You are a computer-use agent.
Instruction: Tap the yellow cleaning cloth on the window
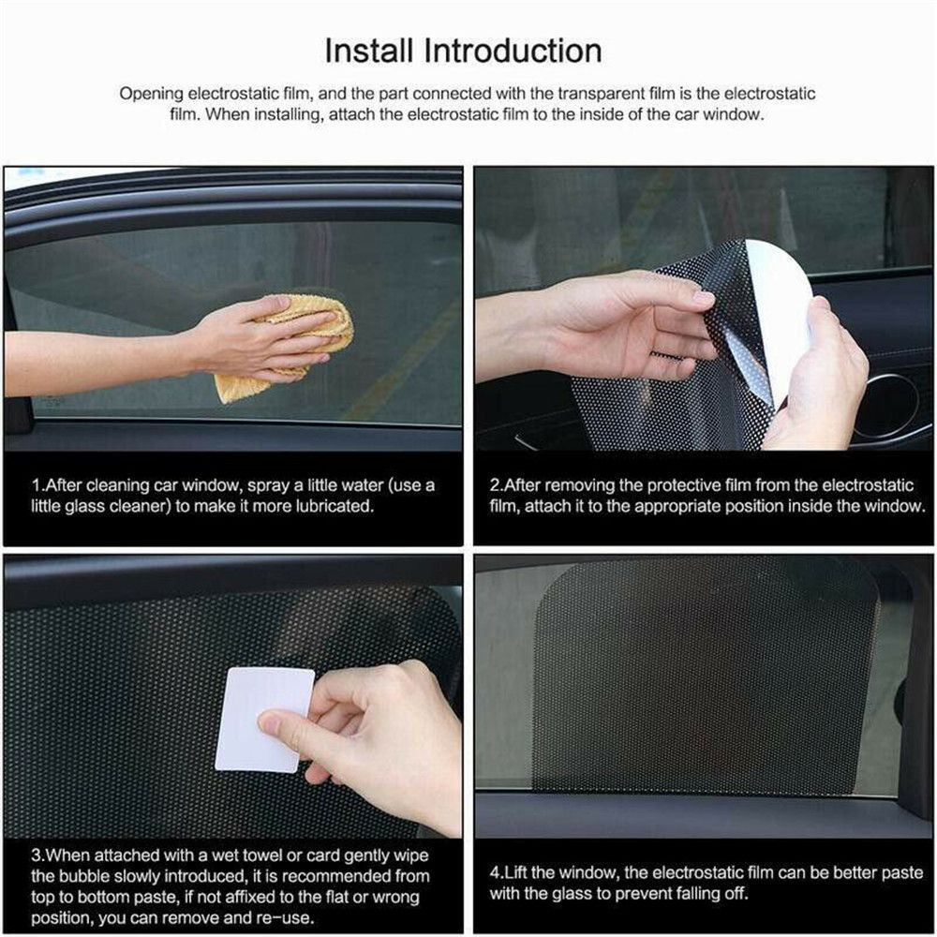(290, 342)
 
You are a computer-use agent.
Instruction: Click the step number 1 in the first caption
(36, 485)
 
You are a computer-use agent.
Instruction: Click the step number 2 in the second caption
(495, 485)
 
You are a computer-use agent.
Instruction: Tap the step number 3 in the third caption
(36, 854)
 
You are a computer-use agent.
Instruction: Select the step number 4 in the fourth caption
(495, 872)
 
